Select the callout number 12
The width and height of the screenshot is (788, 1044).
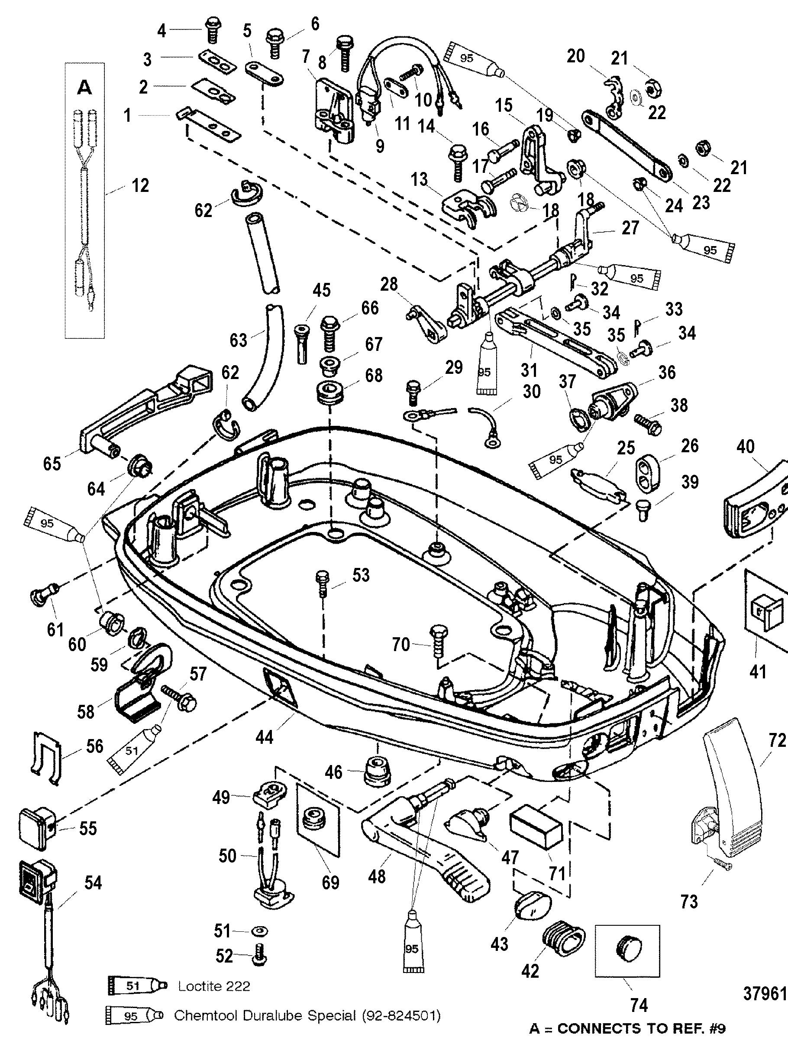[141, 185]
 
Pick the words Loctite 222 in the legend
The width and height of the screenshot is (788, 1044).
[214, 986]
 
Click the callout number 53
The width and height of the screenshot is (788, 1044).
[361, 575]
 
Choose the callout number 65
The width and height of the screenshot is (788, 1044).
[52, 463]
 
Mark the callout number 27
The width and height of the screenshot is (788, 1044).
[630, 228]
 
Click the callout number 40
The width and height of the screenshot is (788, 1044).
[745, 447]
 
